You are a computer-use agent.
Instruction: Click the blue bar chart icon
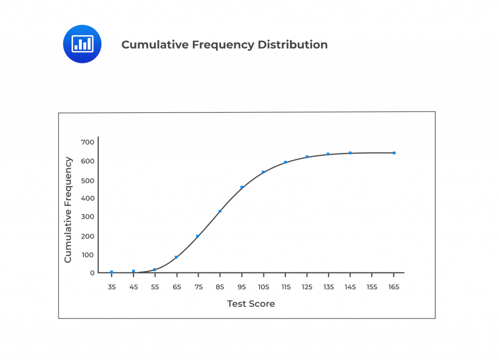(x=82, y=44)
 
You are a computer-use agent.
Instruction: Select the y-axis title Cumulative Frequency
(x=68, y=210)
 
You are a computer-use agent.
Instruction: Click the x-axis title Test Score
(x=251, y=304)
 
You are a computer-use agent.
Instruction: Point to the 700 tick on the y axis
(x=88, y=142)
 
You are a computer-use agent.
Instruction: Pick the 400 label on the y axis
(x=88, y=198)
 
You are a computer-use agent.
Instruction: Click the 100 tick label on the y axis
(x=88, y=255)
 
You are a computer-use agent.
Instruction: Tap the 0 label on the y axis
(x=92, y=273)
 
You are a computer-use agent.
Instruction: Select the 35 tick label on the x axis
(x=112, y=287)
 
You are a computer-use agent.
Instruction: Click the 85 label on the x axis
(x=220, y=287)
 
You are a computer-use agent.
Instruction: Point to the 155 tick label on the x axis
(x=372, y=287)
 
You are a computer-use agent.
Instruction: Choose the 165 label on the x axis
(x=394, y=287)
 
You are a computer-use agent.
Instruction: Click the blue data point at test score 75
(x=197, y=236)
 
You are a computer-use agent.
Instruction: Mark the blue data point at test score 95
(x=242, y=187)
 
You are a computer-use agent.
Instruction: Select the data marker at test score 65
(x=176, y=257)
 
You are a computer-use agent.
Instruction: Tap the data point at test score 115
(x=285, y=162)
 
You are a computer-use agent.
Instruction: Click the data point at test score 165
(x=394, y=153)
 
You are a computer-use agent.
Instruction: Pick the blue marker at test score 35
(x=112, y=272)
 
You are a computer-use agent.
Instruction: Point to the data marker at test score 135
(x=328, y=154)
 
